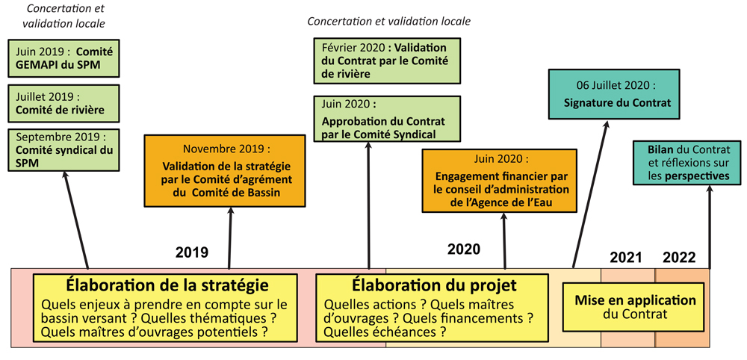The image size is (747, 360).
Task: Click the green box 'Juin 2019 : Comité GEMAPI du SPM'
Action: (x=63, y=58)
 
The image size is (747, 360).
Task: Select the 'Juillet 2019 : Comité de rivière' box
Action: (x=63, y=103)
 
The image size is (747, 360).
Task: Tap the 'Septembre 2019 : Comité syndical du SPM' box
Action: (x=63, y=149)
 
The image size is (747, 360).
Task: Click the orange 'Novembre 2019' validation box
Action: (x=224, y=170)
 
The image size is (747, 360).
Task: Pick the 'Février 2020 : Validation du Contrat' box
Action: (x=387, y=61)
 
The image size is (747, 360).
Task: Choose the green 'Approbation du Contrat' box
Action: (x=387, y=119)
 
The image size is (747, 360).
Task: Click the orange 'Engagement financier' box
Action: (x=499, y=181)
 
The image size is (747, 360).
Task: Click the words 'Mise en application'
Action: (x=635, y=300)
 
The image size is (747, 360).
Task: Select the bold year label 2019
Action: (x=192, y=252)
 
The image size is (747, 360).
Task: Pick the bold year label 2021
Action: (x=626, y=258)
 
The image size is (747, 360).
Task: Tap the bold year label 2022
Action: (x=679, y=258)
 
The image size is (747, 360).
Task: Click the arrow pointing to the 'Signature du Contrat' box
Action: (x=590, y=194)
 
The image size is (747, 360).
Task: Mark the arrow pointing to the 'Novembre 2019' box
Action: (x=230, y=238)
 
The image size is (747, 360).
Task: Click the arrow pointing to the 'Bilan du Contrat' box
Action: (x=710, y=226)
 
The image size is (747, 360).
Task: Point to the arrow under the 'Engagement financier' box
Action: (x=504, y=240)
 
